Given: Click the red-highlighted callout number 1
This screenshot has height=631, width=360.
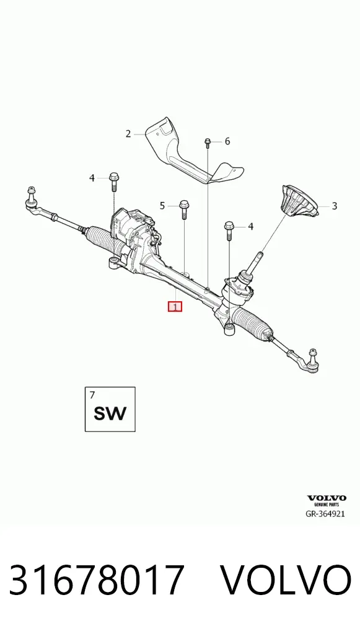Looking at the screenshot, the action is click(x=175, y=307).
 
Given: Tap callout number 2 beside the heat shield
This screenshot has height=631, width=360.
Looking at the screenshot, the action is click(x=128, y=134).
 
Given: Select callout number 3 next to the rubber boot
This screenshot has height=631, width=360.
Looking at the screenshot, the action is click(x=334, y=206).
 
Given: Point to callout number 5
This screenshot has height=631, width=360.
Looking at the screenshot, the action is click(x=162, y=206).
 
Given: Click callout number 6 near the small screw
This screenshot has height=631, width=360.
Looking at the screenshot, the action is click(x=227, y=141).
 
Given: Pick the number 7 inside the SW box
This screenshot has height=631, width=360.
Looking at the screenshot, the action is click(x=92, y=395).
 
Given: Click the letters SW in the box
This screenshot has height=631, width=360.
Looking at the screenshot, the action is click(x=110, y=413).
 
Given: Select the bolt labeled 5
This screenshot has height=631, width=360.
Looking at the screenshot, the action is click(x=184, y=210).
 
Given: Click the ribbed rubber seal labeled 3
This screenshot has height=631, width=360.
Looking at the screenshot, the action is click(x=299, y=201).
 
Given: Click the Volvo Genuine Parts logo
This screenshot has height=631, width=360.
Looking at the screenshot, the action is click(x=327, y=501).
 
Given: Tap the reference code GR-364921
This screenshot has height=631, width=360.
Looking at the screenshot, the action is click(x=325, y=513).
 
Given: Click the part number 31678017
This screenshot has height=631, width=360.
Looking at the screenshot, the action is click(x=97, y=580).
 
